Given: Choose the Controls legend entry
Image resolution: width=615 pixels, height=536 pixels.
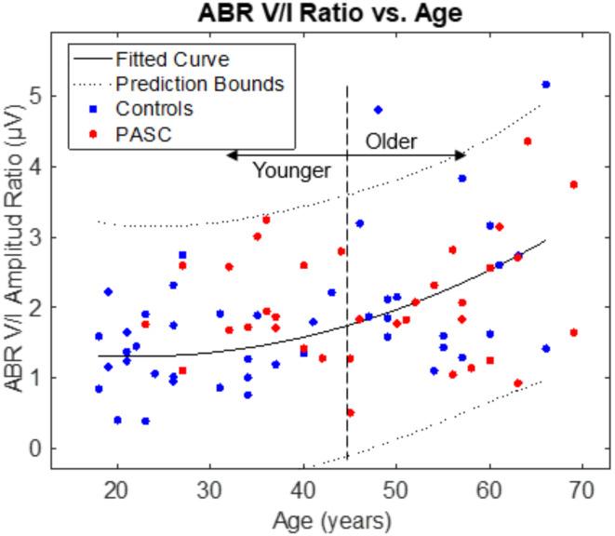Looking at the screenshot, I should click(154, 109).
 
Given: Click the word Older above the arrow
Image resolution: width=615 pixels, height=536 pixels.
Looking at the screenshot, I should click(391, 142).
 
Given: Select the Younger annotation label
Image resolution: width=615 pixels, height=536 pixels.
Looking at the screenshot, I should click(292, 171).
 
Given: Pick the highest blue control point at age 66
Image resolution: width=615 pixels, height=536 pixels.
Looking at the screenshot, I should click(545, 85).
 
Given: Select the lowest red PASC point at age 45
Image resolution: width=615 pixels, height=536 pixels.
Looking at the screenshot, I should click(350, 412).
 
